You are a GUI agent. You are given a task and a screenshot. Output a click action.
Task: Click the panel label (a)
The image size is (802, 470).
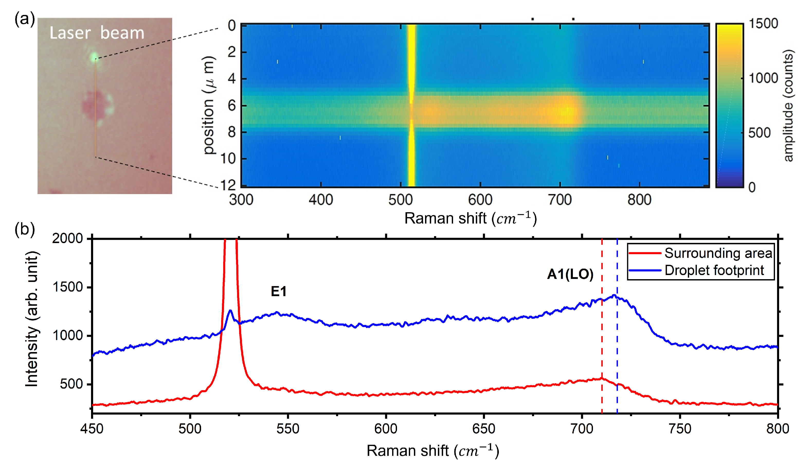[24, 19]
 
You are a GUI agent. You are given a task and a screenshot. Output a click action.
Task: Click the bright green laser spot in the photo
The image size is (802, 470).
[94, 57]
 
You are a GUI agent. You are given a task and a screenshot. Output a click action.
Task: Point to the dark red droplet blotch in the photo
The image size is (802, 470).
[93, 105]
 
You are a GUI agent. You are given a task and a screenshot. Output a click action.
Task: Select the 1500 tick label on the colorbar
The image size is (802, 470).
[763, 24]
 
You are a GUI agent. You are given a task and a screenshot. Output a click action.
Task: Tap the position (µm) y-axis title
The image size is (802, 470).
[209, 105]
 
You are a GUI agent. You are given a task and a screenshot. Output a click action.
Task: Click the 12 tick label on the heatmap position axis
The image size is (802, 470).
[228, 185]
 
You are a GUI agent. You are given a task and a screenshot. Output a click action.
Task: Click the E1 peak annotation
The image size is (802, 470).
[278, 291]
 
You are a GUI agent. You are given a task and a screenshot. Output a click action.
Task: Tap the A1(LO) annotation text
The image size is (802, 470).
[570, 274]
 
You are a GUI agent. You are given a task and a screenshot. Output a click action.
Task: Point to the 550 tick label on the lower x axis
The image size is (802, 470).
[288, 429]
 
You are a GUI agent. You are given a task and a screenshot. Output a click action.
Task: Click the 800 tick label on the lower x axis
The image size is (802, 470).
[778, 429]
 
